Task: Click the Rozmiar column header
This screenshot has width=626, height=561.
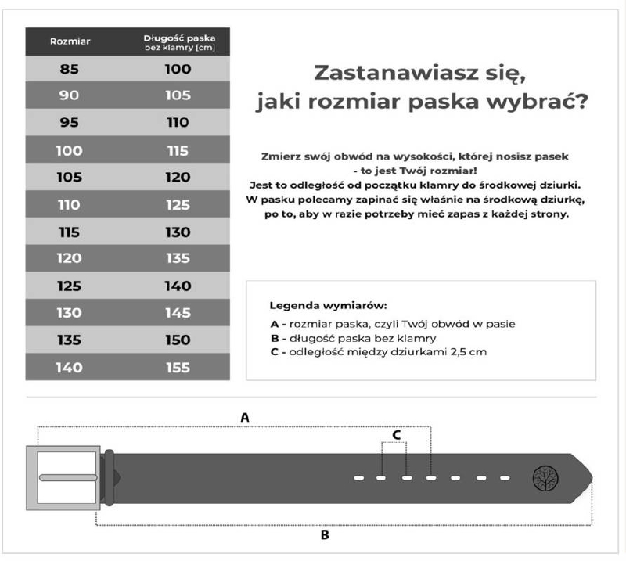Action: tap(70, 41)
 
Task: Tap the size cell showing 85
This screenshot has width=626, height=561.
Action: tap(70, 69)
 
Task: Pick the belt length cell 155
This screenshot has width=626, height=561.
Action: tap(178, 367)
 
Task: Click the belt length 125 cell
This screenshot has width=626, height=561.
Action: tap(178, 204)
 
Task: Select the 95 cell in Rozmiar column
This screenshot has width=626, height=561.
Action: tap(70, 123)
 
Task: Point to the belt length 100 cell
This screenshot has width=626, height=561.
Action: tap(178, 69)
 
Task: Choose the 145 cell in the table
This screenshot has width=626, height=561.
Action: tap(178, 313)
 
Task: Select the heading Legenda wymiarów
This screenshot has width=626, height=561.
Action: tap(329, 305)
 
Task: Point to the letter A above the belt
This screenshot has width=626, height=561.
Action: tap(245, 418)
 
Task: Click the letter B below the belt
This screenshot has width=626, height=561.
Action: tap(325, 536)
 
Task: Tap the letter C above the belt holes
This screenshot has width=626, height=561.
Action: tap(396, 433)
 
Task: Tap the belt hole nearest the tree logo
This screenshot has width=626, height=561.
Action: tap(505, 477)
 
